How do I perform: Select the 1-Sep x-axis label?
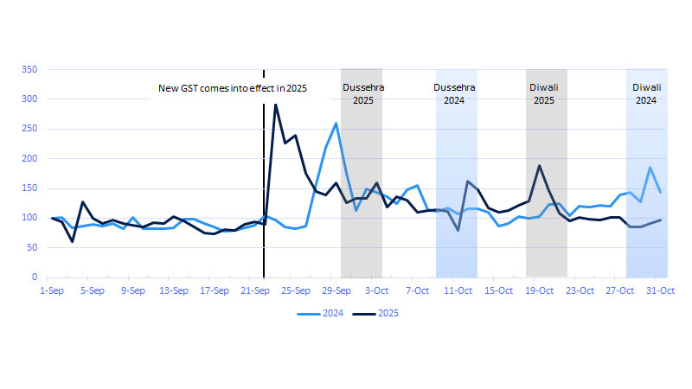click(x=52, y=291)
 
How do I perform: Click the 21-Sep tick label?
click(x=255, y=291)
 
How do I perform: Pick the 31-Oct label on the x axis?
click(x=660, y=291)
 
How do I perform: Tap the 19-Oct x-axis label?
click(x=539, y=291)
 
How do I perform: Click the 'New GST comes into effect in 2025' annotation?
click(x=232, y=88)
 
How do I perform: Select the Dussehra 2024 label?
click(x=454, y=93)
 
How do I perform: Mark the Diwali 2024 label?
click(x=647, y=93)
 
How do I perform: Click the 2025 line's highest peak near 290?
click(x=276, y=105)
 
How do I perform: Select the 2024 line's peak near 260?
click(x=336, y=124)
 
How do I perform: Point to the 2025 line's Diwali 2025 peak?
click(x=539, y=165)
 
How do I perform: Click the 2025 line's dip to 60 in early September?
click(x=72, y=241)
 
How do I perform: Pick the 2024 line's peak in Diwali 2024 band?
click(x=650, y=168)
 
